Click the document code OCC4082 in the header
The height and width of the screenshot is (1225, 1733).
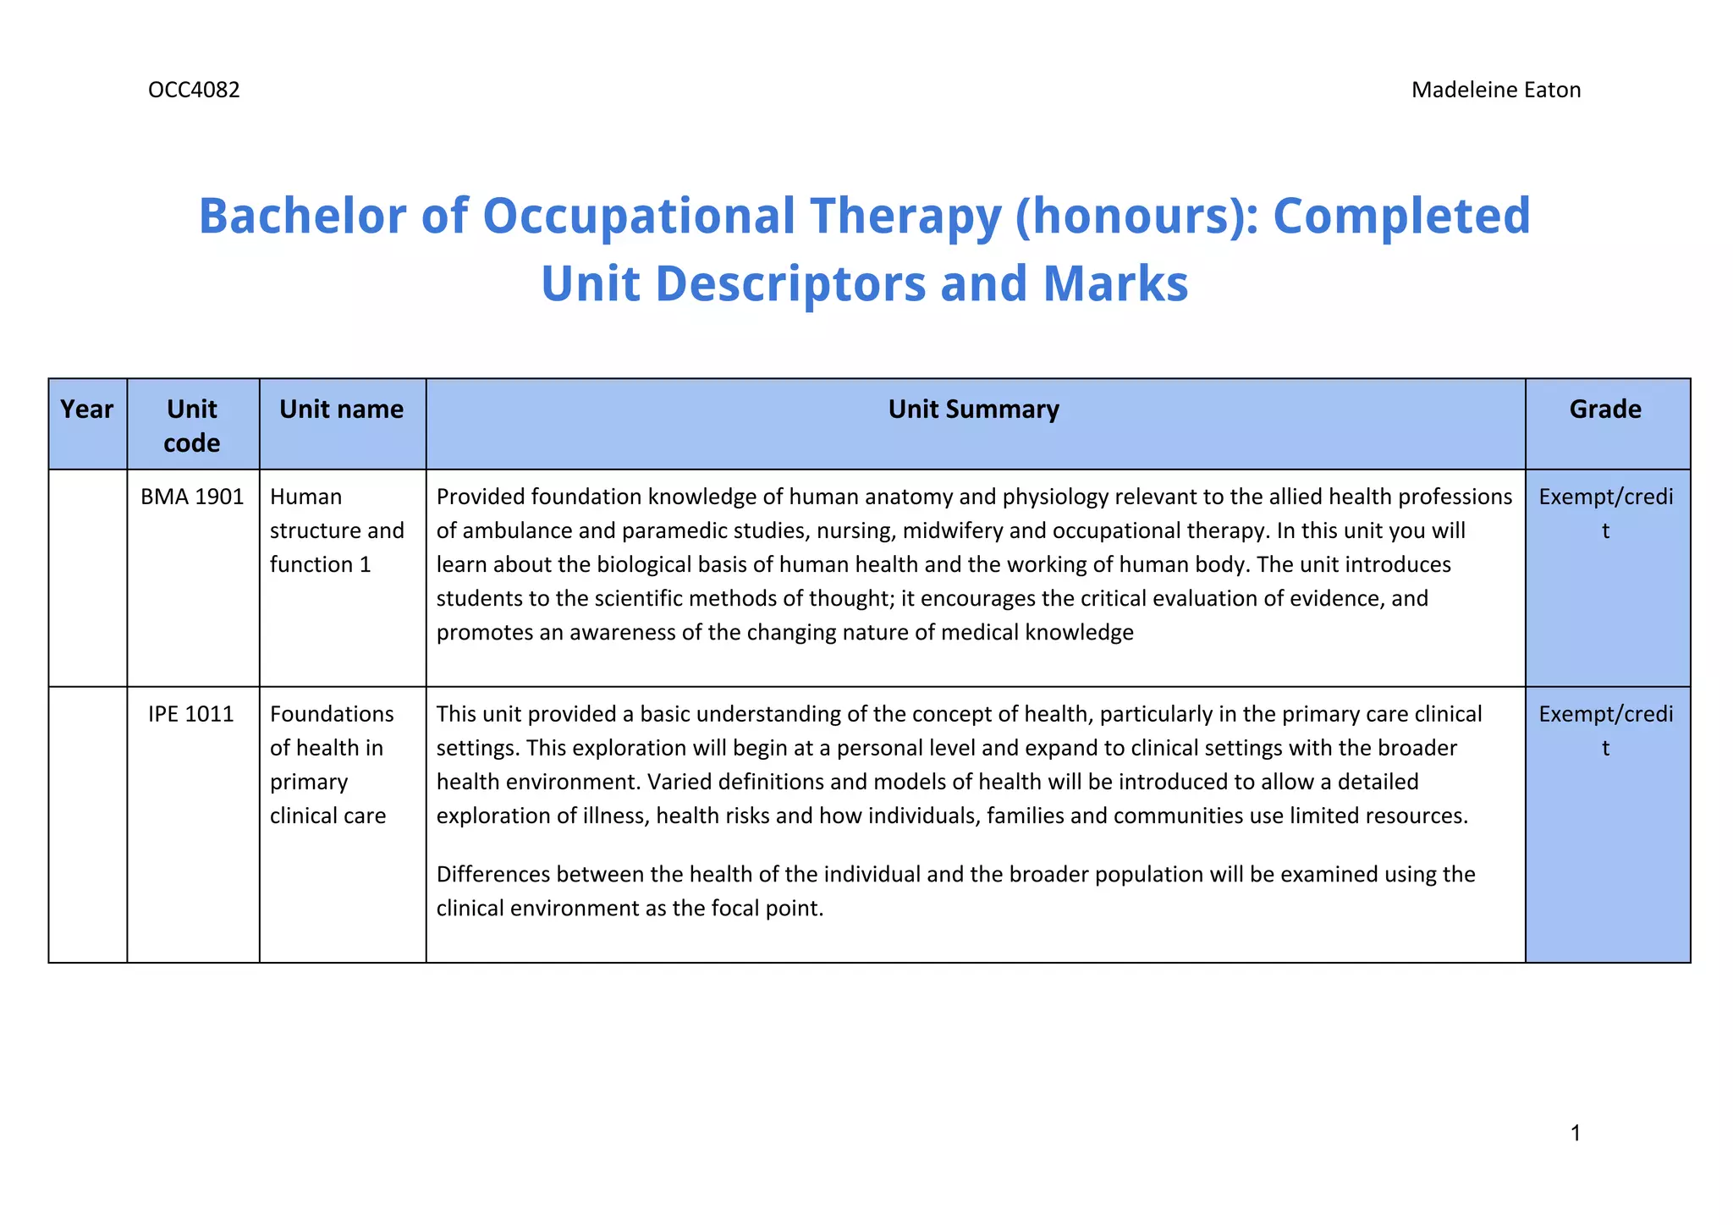click(194, 90)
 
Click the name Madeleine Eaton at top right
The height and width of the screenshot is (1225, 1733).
click(1495, 90)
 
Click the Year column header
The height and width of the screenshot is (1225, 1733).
click(87, 409)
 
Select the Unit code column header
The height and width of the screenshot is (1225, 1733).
click(192, 426)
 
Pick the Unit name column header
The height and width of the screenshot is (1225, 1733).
click(341, 409)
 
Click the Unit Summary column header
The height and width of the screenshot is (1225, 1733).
click(973, 409)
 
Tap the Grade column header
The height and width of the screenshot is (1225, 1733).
click(1605, 409)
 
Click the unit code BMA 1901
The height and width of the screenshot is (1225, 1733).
click(192, 497)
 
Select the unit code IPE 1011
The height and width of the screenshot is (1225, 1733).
click(191, 714)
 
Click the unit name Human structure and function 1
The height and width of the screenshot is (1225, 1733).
click(337, 530)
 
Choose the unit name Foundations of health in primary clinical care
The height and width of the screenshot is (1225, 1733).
click(332, 765)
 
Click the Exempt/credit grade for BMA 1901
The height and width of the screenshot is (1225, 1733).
click(1605, 513)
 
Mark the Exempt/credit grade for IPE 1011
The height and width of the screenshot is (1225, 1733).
click(1605, 730)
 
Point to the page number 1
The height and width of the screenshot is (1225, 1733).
click(1575, 1133)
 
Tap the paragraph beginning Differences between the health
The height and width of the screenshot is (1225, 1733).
click(955, 891)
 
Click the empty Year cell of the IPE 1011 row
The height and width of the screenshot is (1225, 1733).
click(88, 824)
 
